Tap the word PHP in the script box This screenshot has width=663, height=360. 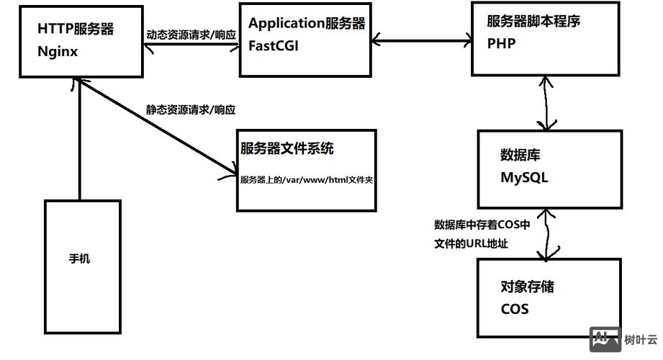point(501,43)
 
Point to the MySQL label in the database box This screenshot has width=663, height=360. point(524,177)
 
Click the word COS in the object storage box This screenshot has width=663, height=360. point(515,309)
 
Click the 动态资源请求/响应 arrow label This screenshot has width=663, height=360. point(191,35)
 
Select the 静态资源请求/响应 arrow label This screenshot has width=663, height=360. point(191,110)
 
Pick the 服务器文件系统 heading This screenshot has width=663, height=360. point(287,149)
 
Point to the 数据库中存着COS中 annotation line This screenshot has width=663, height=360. point(482,225)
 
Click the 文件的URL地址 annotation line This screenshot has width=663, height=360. point(472,243)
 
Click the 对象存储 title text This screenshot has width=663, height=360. point(527,287)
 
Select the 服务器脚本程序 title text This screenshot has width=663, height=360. point(533,22)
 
